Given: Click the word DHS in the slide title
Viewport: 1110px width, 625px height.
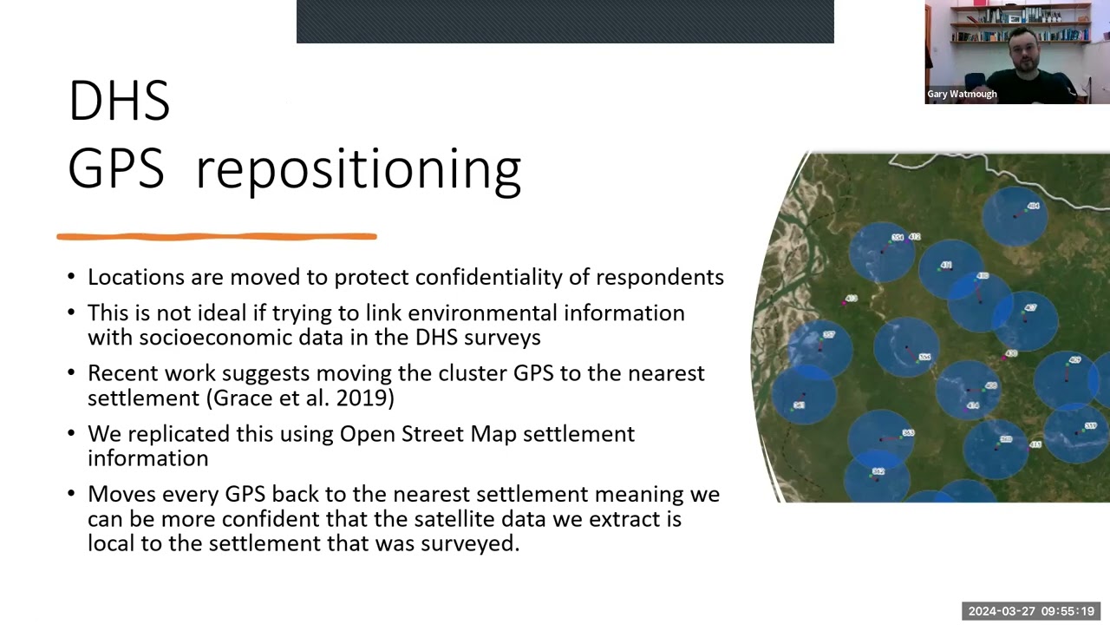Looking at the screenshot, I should tap(119, 101).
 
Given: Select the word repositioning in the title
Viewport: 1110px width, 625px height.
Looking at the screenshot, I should tap(357, 168).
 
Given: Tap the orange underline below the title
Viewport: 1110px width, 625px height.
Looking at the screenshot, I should tap(216, 236).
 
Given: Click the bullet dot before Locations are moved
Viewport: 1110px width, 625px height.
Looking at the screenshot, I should tap(72, 278).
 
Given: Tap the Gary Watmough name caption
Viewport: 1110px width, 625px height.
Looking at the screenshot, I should tap(962, 94).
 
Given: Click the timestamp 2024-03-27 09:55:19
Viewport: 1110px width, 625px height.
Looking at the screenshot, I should tap(1031, 611).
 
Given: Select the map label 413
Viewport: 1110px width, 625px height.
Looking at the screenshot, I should tap(851, 299).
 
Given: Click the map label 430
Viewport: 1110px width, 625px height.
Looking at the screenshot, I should tap(1011, 354).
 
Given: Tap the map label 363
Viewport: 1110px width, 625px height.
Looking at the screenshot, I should tap(908, 432).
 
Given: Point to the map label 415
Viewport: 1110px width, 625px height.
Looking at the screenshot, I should tap(1035, 444).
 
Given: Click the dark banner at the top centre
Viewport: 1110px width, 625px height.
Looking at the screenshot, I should tap(565, 22).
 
